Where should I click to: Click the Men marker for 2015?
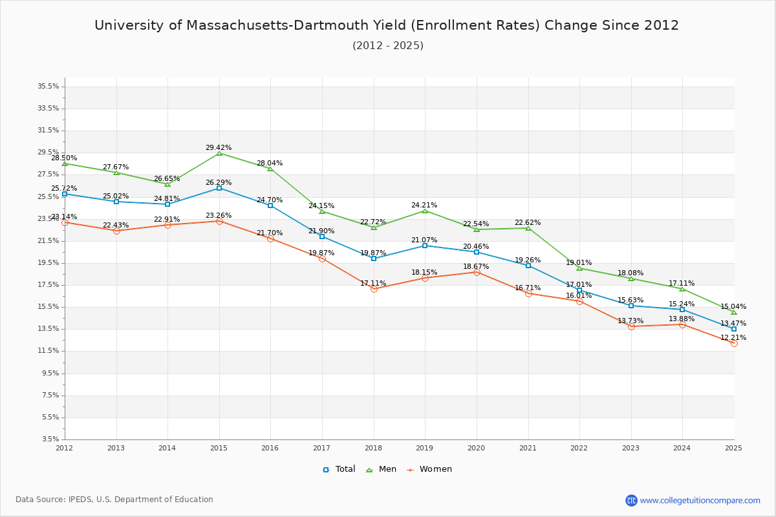pos(219,153)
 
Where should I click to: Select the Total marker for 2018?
pos(374,258)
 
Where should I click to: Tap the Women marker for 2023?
pos(631,326)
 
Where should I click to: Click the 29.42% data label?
pos(219,147)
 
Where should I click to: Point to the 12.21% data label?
pos(733,337)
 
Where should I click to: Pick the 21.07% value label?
pos(424,240)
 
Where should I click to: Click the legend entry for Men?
pos(382,469)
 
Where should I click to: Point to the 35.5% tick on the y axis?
pos(48,86)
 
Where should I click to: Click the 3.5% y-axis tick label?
pos(50,439)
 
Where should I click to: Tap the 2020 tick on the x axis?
pos(476,447)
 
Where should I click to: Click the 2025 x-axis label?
pos(733,447)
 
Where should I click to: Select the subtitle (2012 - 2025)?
pos(388,45)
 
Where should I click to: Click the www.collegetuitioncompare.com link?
pos(700,500)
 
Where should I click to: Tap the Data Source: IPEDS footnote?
pos(114,500)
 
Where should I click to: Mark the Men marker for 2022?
pos(579,268)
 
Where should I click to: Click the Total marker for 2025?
pos(734,329)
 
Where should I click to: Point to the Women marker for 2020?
pos(477,273)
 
